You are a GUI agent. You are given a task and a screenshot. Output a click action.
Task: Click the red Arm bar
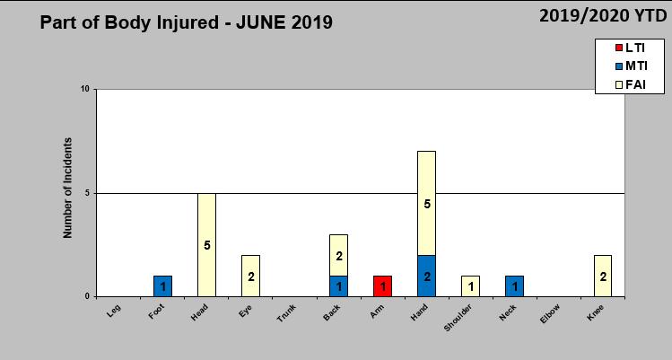(x=382, y=286)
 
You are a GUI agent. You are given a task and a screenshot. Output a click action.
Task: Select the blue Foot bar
(x=162, y=286)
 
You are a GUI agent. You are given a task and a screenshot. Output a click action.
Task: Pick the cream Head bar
(x=206, y=244)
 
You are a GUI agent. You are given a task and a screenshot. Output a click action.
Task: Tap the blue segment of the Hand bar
(x=426, y=276)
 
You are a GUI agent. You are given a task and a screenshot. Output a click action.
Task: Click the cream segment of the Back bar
(x=338, y=256)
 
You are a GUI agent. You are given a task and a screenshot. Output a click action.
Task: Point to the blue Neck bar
(x=514, y=286)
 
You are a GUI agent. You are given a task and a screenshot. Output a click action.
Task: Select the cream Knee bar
(x=602, y=276)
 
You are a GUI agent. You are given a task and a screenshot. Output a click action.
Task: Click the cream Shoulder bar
(x=470, y=286)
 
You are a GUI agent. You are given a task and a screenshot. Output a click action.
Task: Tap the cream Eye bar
(x=250, y=276)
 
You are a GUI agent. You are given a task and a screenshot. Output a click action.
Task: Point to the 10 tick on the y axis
(x=85, y=90)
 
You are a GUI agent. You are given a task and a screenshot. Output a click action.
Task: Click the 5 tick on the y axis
(x=87, y=193)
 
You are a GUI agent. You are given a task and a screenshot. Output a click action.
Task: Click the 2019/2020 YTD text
(x=604, y=15)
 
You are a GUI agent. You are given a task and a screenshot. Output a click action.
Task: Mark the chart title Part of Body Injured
(x=186, y=22)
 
